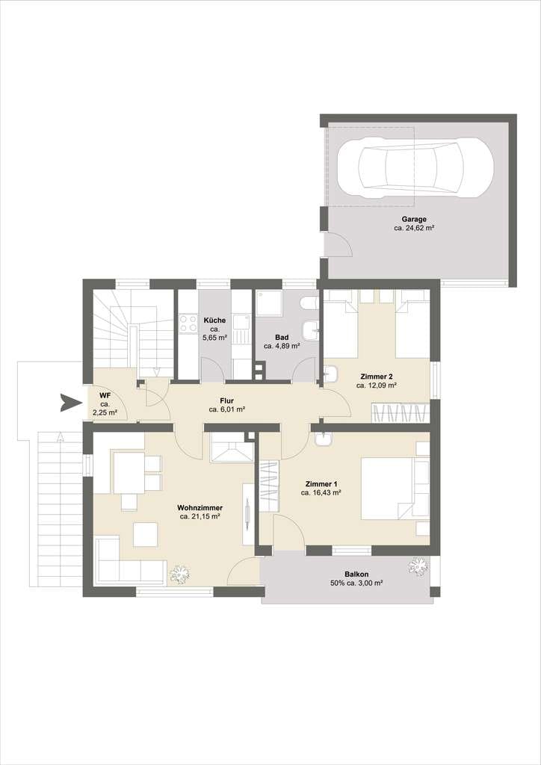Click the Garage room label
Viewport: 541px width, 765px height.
point(414,220)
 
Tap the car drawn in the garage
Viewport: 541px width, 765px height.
point(425,167)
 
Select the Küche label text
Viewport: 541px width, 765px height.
point(214,320)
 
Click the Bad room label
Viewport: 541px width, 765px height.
point(282,337)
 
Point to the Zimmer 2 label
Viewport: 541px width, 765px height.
point(376,377)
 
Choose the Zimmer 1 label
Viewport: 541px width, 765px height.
point(321,484)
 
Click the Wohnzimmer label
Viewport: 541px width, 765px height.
point(200,507)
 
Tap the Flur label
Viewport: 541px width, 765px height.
point(227,400)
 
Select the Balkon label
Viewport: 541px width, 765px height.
point(356,574)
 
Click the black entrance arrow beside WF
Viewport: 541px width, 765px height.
point(71,403)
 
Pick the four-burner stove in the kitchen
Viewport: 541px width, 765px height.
point(188,324)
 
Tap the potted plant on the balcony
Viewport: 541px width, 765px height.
point(418,566)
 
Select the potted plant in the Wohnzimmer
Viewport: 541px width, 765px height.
point(179,574)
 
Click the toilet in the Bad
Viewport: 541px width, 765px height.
point(309,303)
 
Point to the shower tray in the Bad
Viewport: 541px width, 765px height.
point(269,303)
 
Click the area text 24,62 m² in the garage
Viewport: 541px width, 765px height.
point(415,228)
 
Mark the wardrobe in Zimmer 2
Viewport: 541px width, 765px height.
point(400,412)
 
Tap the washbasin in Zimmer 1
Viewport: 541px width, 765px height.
point(323,439)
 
